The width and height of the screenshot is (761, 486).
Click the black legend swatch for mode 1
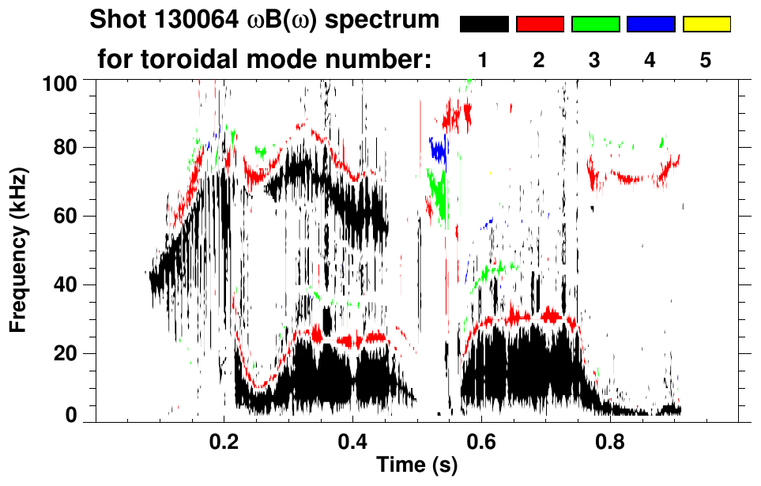pyautogui.click(x=484, y=24)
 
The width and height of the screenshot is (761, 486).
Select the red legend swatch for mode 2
pyautogui.click(x=540, y=24)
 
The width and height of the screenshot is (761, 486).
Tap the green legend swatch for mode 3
pyautogui.click(x=595, y=24)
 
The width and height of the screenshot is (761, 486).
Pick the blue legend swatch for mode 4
pyautogui.click(x=650, y=24)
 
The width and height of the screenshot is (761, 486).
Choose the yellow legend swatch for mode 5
pyautogui.click(x=706, y=24)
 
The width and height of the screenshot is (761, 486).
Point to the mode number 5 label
pyautogui.click(x=706, y=60)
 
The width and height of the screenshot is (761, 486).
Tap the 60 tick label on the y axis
pyautogui.click(x=66, y=217)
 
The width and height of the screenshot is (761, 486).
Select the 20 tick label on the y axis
pyautogui.click(x=66, y=353)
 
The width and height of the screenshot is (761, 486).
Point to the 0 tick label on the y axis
pyautogui.click(x=71, y=414)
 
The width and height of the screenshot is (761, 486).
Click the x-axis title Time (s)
pyautogui.click(x=416, y=466)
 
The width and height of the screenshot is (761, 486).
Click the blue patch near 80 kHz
pyautogui.click(x=437, y=149)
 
